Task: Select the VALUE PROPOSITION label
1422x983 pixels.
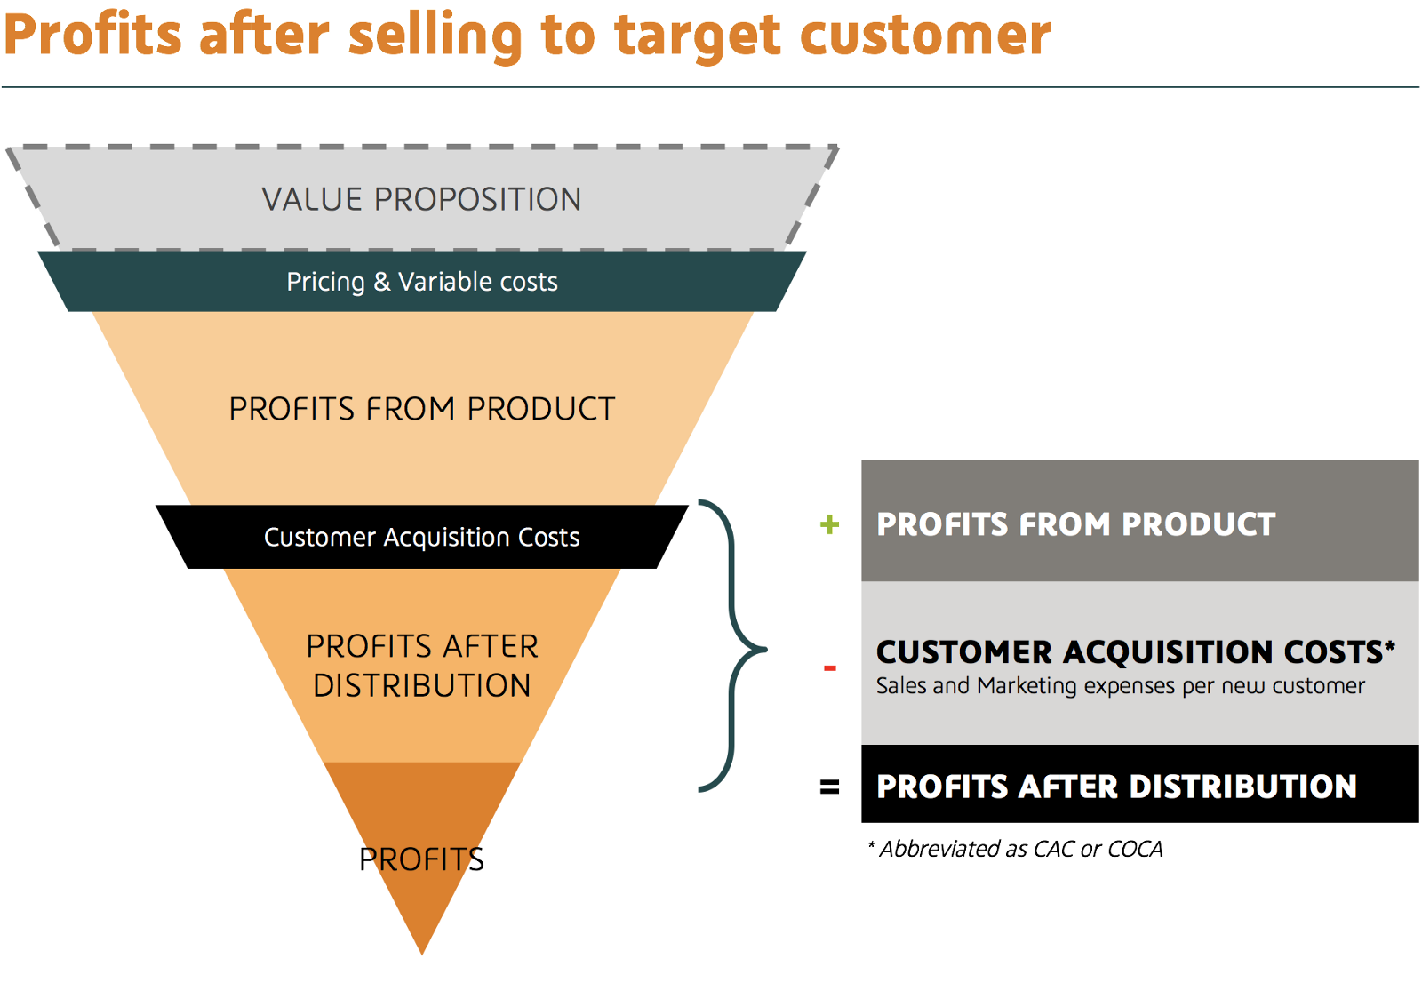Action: (x=421, y=199)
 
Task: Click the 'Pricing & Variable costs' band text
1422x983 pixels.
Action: (x=421, y=282)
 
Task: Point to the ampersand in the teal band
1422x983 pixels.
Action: (x=381, y=282)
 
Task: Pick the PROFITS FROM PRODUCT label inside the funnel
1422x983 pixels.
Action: (x=421, y=408)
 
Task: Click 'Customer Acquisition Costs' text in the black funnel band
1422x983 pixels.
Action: (x=421, y=537)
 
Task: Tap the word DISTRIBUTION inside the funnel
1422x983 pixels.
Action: (x=421, y=685)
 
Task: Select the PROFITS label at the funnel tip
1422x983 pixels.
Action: (x=421, y=859)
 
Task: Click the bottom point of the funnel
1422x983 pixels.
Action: (x=422, y=954)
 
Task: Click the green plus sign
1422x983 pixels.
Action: (x=829, y=524)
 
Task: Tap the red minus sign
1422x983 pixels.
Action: (x=829, y=667)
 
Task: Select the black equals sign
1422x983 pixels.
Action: (x=829, y=787)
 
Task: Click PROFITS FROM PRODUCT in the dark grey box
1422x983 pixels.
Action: (x=1075, y=523)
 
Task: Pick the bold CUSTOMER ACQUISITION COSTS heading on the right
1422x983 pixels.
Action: (x=1135, y=651)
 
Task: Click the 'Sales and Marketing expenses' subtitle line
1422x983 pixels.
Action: (x=1120, y=686)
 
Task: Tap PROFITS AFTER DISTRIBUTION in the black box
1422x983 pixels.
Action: (x=1116, y=787)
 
